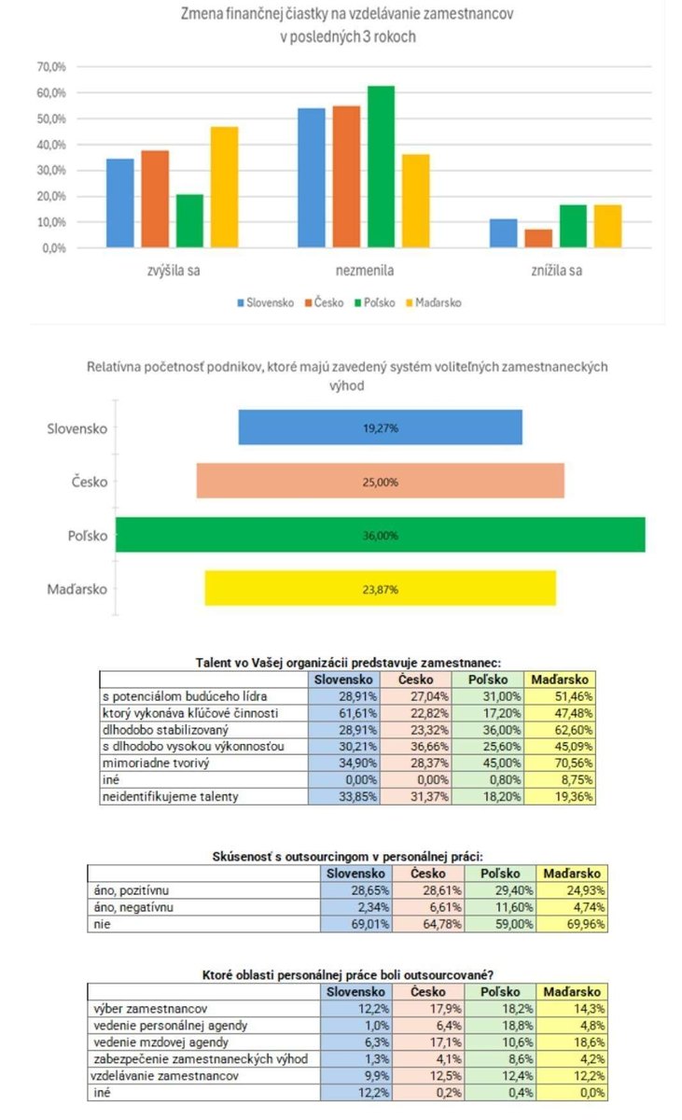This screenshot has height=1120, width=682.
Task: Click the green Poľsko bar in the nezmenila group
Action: click(x=381, y=166)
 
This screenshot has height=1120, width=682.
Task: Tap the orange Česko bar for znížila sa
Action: click(x=538, y=238)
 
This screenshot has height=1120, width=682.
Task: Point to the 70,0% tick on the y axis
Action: click(x=50, y=67)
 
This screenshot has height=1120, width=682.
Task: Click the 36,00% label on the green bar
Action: click(x=381, y=536)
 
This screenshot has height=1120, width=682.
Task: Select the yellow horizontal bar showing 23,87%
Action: click(x=380, y=588)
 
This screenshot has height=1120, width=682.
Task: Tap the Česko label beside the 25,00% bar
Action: click(x=90, y=483)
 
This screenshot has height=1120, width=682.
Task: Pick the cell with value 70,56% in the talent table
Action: click(x=560, y=763)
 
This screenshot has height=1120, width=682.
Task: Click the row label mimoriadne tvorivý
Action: click(x=150, y=763)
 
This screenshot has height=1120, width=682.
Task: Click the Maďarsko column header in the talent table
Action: click(x=560, y=679)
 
